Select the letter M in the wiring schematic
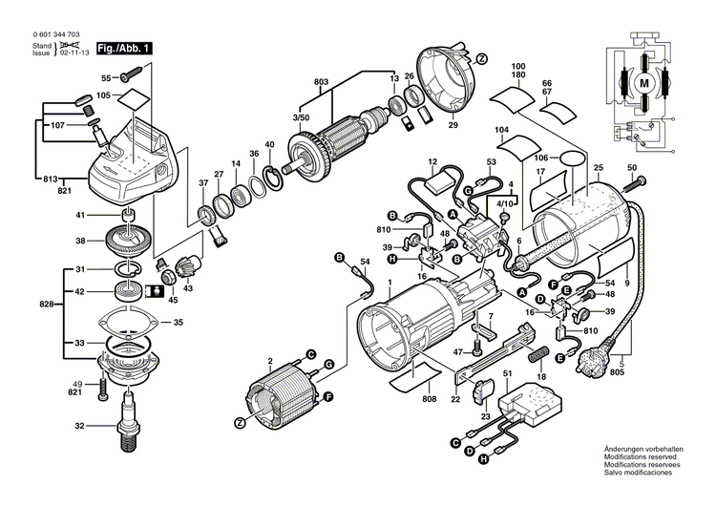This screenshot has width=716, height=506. click(x=644, y=84)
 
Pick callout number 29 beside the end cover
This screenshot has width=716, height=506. click(x=453, y=125)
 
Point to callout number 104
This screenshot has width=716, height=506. click(x=501, y=129)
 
